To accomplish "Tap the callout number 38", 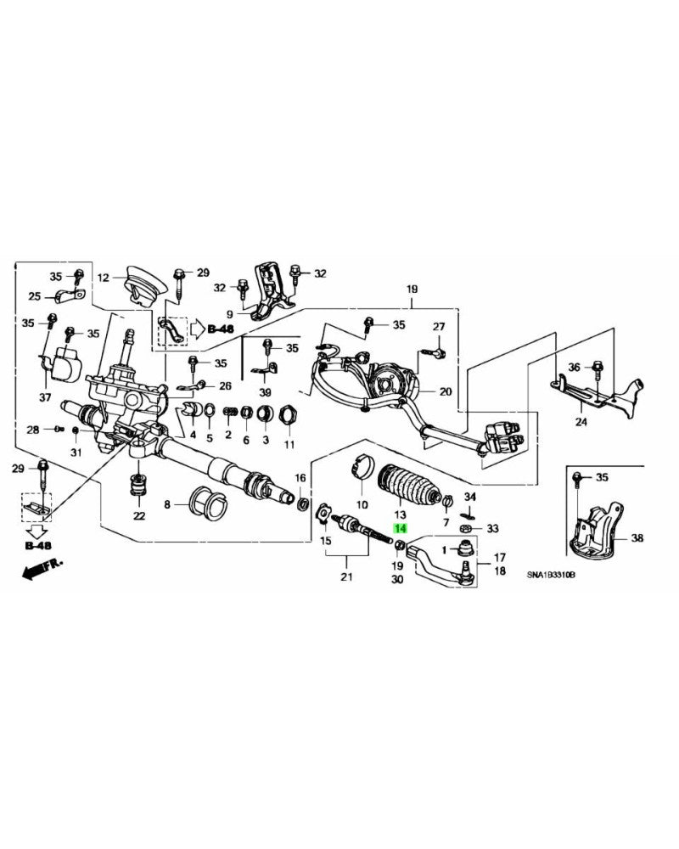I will coord(637,538).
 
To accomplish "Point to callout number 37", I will coord(45,397).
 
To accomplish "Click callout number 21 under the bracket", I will coord(345,578).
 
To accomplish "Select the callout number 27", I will coord(439,327).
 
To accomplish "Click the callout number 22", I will coord(138,515).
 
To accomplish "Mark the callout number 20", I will coord(446,391).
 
